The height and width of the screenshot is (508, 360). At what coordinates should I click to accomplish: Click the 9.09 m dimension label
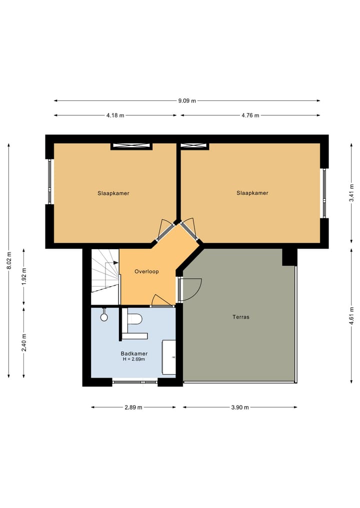click(187, 100)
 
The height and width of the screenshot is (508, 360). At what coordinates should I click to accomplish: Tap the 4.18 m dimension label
click(115, 115)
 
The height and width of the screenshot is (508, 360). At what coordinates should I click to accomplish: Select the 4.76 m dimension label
click(250, 115)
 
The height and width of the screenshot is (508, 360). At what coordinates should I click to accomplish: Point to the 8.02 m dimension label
click(8, 260)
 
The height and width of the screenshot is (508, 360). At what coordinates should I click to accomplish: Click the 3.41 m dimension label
click(352, 193)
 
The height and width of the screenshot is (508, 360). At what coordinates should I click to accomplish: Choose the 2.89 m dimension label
click(133, 407)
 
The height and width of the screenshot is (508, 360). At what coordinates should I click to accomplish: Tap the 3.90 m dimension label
click(240, 407)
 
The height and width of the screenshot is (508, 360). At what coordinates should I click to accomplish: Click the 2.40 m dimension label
click(24, 342)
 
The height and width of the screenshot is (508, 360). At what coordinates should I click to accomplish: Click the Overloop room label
click(146, 272)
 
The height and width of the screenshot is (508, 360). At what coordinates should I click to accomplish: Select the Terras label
click(240, 317)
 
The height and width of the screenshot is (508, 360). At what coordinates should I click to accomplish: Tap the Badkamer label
click(133, 353)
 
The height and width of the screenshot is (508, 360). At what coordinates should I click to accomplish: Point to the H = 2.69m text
click(133, 359)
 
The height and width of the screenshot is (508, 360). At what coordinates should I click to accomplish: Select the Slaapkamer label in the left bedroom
click(113, 193)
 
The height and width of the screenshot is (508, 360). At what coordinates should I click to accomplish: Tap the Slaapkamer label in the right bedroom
click(252, 193)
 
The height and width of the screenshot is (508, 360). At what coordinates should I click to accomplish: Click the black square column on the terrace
click(289, 257)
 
